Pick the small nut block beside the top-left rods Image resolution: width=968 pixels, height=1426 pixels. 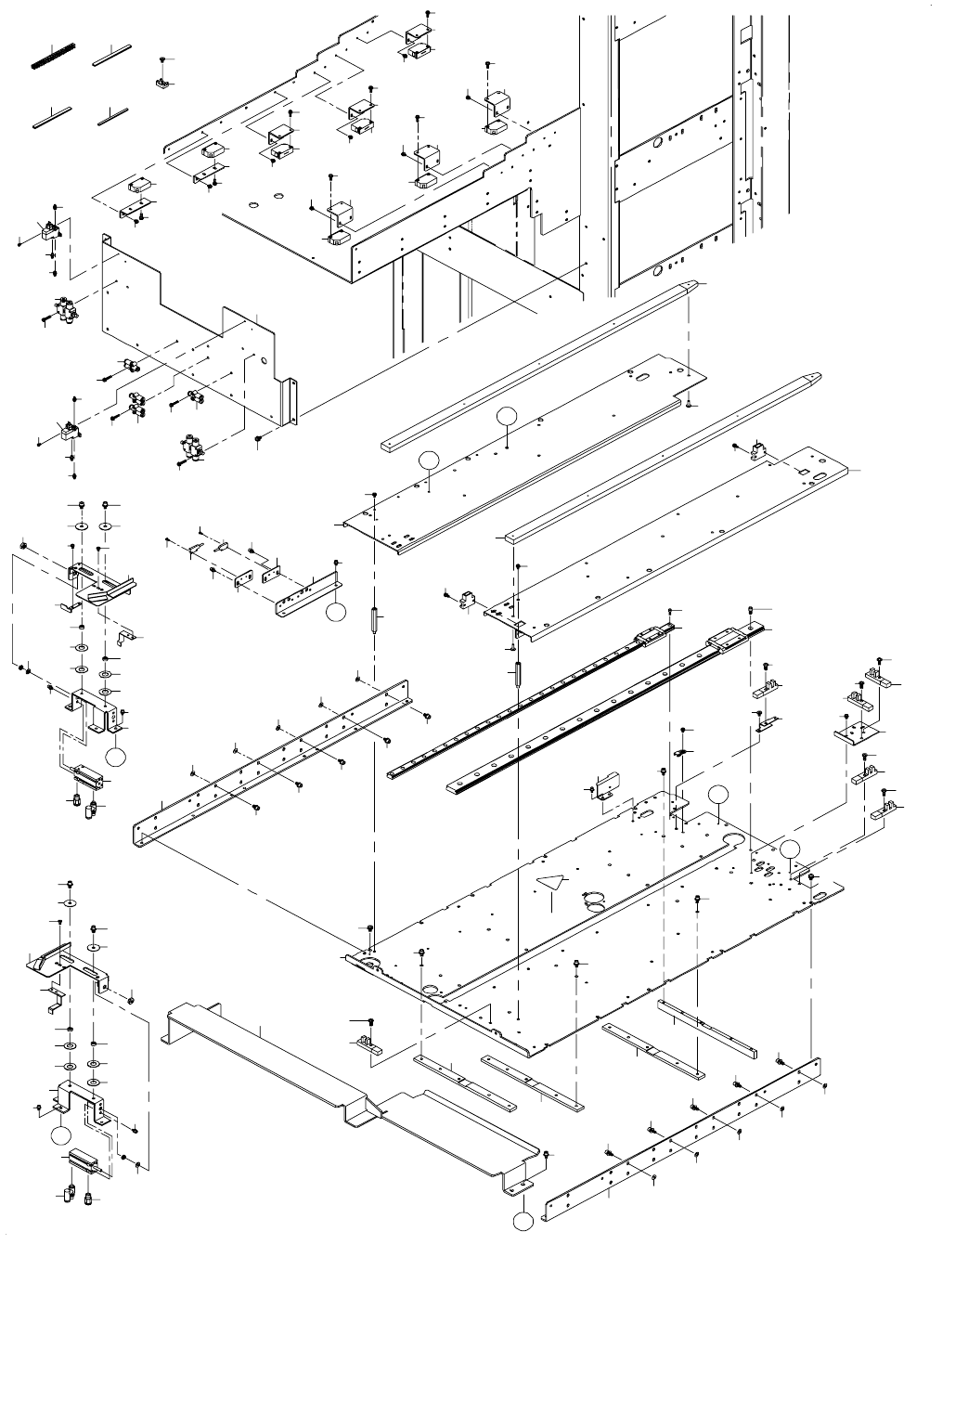coord(161,84)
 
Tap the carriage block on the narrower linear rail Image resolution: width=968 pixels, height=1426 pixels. coord(653,637)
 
